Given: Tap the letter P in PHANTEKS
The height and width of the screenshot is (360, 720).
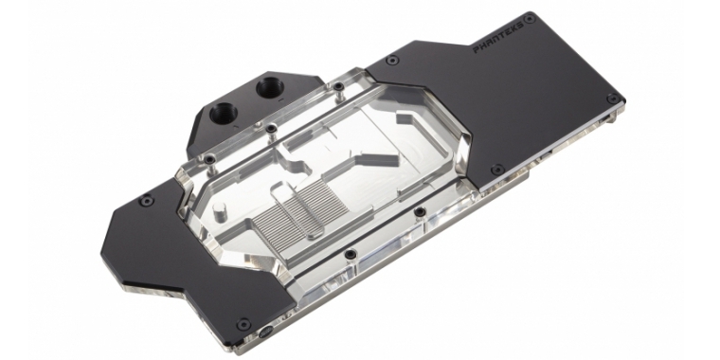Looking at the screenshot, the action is [477, 49].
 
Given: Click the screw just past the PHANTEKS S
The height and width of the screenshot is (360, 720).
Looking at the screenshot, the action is [530, 19].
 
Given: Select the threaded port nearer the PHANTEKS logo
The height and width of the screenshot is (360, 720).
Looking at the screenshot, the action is [269, 87].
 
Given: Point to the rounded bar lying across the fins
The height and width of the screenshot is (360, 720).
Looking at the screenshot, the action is [300, 210].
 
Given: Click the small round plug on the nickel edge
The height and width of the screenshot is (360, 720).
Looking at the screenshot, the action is [264, 333].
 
